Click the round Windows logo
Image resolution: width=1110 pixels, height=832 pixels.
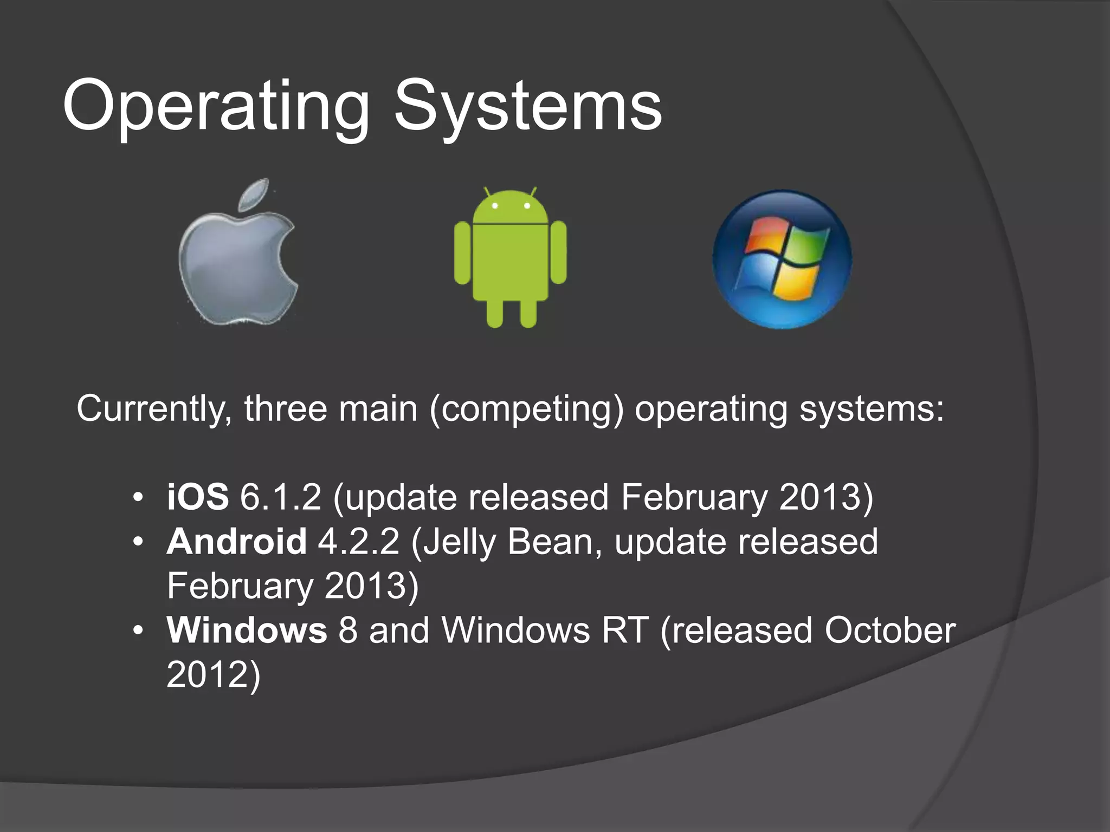pyautogui.click(x=782, y=259)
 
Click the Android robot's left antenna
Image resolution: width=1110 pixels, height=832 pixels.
pyautogui.click(x=487, y=192)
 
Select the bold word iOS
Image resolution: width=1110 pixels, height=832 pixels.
pyautogui.click(x=198, y=497)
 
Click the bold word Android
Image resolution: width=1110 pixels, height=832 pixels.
pyautogui.click(x=237, y=541)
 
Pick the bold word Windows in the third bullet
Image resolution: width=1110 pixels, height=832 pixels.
pyautogui.click(x=247, y=630)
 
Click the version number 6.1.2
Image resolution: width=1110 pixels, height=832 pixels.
pyautogui.click(x=280, y=497)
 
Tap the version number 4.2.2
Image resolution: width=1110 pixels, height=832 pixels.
pyautogui.click(x=359, y=541)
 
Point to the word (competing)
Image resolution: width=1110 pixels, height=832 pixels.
pyautogui.click(x=526, y=409)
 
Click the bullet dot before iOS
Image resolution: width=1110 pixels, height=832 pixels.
pyautogui.click(x=139, y=498)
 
